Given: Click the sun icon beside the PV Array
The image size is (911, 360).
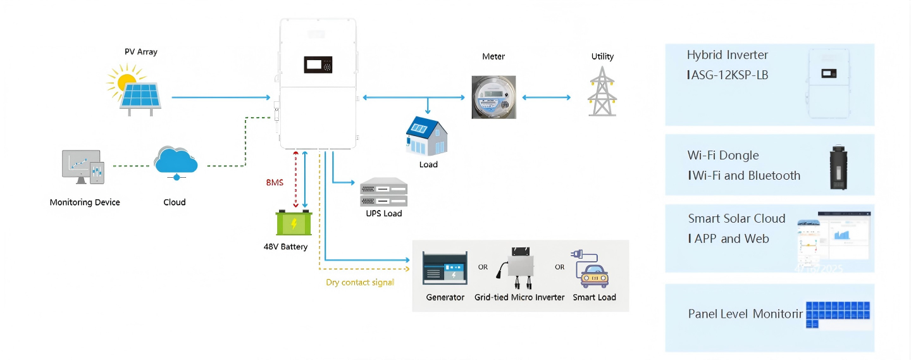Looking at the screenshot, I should pyautogui.click(x=123, y=80).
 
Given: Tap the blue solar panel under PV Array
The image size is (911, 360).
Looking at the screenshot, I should pyautogui.click(x=145, y=96).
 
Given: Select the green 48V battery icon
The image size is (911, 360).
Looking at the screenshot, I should pyautogui.click(x=294, y=223).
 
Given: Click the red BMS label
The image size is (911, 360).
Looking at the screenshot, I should pyautogui.click(x=275, y=182).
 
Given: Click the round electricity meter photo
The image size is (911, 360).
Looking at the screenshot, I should pyautogui.click(x=493, y=97).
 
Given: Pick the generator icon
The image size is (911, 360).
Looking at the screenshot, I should pyautogui.click(x=445, y=269).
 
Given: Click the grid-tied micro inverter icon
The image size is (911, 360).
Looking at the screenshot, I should pyautogui.click(x=519, y=268).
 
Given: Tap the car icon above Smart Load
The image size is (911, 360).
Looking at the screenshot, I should pyautogui.click(x=593, y=271).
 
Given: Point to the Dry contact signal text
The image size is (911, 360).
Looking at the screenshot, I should pyautogui.click(x=360, y=282).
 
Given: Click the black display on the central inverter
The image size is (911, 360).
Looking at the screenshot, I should pyautogui.click(x=318, y=65).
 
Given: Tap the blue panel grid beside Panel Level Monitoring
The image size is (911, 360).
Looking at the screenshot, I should pyautogui.click(x=837, y=314).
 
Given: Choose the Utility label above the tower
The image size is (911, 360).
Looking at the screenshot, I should pyautogui.click(x=602, y=56).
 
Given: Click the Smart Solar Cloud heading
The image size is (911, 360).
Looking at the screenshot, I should pyautogui.click(x=736, y=218).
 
